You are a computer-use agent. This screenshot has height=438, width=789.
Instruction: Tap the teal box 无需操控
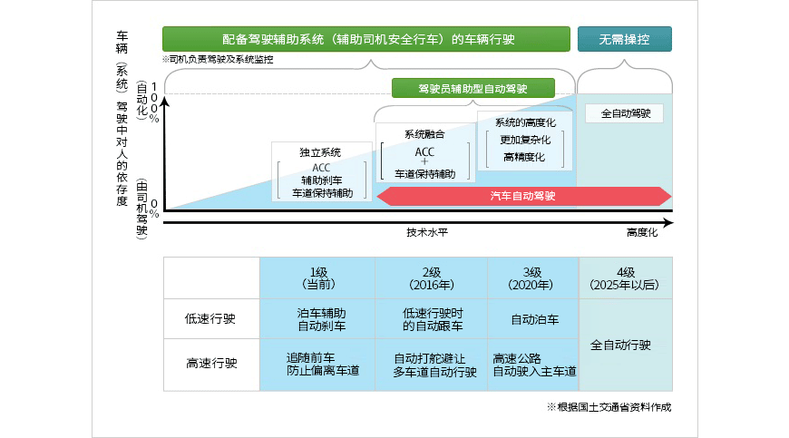click(x=626, y=39)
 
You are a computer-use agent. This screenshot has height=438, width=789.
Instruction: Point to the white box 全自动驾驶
click(x=626, y=114)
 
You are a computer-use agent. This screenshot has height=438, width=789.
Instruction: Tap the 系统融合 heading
click(x=424, y=134)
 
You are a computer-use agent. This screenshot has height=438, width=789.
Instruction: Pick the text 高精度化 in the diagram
click(x=524, y=157)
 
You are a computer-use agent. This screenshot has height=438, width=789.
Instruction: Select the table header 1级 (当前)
click(x=317, y=278)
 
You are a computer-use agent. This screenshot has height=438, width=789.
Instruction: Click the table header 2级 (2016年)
click(x=433, y=278)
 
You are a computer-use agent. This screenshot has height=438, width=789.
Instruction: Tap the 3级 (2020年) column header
click(x=533, y=278)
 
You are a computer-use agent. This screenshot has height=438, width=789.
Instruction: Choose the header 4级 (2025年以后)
click(x=626, y=278)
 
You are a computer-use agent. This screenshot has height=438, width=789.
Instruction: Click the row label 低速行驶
click(x=211, y=319)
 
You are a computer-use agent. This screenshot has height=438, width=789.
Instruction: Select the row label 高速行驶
click(x=211, y=364)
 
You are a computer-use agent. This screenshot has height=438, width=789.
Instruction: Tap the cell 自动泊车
click(x=534, y=319)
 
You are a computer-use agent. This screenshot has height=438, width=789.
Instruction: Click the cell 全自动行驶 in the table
click(x=626, y=346)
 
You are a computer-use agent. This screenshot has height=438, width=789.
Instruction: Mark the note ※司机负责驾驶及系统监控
click(x=218, y=59)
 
